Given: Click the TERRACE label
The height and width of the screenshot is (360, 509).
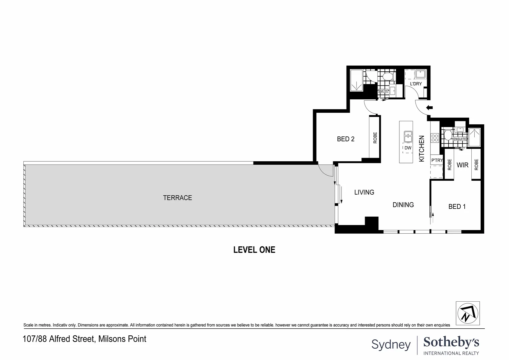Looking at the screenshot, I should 177,198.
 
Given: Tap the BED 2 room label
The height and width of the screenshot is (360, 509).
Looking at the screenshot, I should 345,139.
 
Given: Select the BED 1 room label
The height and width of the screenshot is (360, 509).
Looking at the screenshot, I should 457,207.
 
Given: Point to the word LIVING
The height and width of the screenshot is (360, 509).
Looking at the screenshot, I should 364,192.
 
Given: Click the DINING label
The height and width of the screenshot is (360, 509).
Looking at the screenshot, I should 403,205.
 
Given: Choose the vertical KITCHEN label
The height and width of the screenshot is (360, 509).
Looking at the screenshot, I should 421,149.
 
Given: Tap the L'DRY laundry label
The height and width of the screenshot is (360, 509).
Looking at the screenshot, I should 416,84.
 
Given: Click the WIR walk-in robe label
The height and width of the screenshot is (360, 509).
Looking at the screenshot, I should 462,165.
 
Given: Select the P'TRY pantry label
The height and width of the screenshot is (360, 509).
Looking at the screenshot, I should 437,160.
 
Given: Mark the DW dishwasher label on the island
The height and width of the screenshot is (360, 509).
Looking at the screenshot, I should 408,148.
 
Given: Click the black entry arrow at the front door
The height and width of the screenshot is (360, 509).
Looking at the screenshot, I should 429,108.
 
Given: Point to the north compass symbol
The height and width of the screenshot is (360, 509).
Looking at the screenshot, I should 468,313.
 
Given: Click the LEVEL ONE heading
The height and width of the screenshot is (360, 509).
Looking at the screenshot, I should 254,250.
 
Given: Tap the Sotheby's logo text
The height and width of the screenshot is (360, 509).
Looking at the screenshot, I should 451,342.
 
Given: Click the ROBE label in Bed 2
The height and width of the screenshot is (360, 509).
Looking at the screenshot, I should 375,138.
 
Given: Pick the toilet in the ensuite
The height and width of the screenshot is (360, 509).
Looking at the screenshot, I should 447,136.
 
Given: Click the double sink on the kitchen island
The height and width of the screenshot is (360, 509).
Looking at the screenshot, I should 408,137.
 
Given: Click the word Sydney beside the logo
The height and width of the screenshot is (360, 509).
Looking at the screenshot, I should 391,344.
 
